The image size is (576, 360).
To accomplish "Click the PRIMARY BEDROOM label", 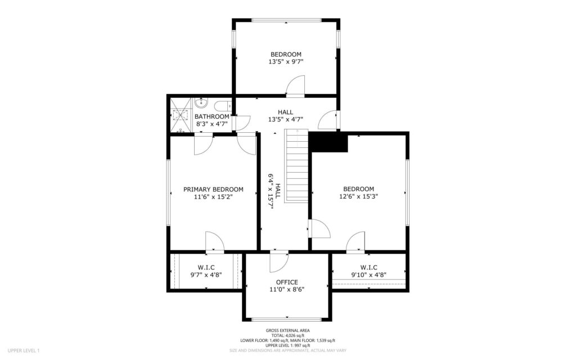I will coord(213,190).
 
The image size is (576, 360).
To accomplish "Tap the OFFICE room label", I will coord(287,282).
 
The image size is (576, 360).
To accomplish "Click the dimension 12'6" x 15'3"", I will coord(358,197).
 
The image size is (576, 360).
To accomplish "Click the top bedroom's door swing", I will coord(295,87).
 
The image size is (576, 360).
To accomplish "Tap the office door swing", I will coord(278,261).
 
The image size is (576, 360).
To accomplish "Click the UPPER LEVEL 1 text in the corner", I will coord(24,351).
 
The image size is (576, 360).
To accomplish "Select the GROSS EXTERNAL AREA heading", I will coord(287,331).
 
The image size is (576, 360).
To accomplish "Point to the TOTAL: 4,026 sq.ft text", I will coord(287,335).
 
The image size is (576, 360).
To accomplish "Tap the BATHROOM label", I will coord(213,116).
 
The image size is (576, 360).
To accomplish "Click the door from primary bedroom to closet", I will coord(215,241).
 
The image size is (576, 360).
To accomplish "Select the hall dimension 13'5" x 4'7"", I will coord(286,119).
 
